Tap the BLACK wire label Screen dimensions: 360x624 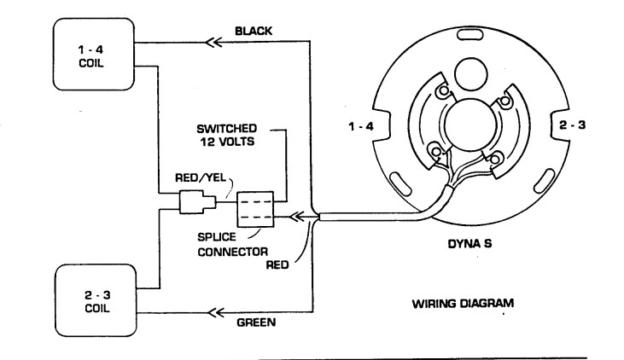254,32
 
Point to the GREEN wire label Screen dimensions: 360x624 254,322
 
